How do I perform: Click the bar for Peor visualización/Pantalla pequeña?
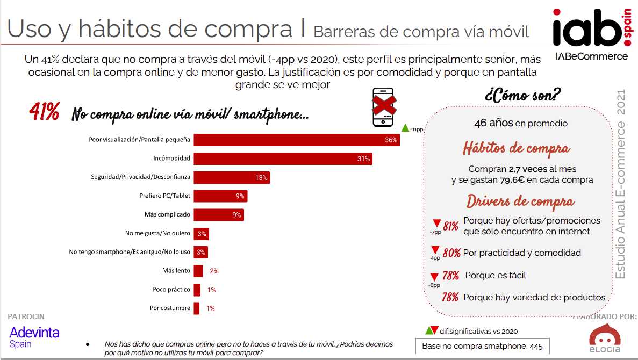[x=296, y=140]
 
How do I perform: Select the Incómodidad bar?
[x=283, y=159]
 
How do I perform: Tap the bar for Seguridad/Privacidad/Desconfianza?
[x=232, y=177]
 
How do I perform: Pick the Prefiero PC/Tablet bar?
[x=220, y=196]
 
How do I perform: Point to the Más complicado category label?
[x=167, y=214]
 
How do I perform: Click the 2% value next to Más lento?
[x=214, y=271]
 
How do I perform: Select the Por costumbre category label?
[x=170, y=308]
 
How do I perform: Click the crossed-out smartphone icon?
[x=384, y=107]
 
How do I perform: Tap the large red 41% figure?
[x=44, y=113]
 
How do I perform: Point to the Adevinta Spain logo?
[x=34, y=337]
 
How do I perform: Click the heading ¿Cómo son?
[x=522, y=97]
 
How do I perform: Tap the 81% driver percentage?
[x=450, y=226]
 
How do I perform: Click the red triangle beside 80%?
[x=436, y=250]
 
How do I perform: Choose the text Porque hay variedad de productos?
[x=534, y=297]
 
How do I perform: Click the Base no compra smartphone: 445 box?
[x=482, y=346]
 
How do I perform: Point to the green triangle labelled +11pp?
[x=406, y=128]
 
